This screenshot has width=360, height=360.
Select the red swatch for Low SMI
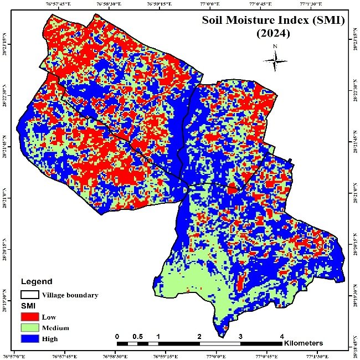coord(30,316)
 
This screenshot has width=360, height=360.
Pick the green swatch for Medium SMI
coord(30,327)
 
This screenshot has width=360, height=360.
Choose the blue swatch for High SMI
coord(30,338)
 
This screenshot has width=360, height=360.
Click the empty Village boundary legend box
coord(30,295)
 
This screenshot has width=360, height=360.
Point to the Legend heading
coord(37,281)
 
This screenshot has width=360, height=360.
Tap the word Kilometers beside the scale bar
coord(303,343)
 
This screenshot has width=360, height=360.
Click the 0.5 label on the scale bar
coord(137,336)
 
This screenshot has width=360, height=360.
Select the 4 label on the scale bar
coord(282,336)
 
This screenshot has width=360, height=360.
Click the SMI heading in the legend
coord(28,306)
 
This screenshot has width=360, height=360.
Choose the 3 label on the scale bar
coord(240,336)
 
